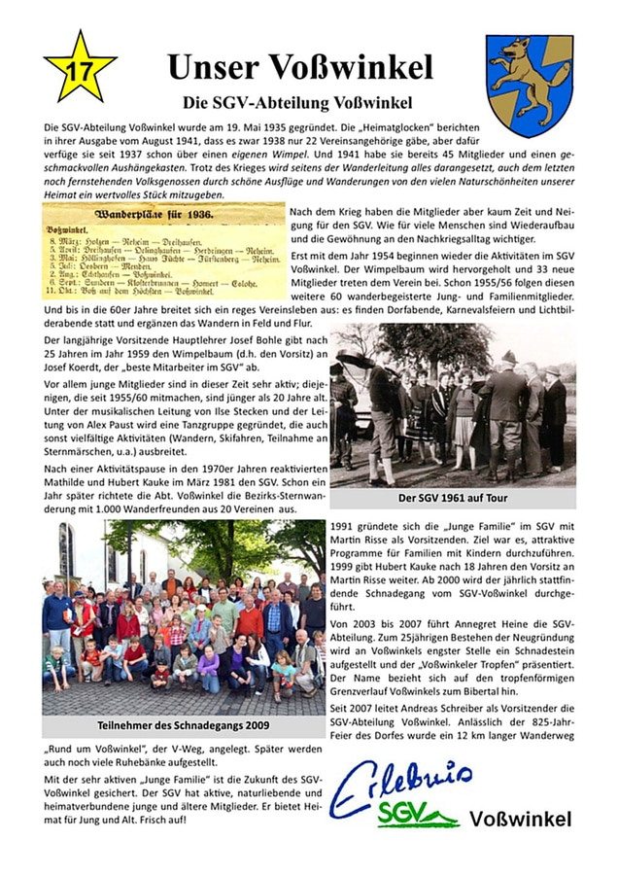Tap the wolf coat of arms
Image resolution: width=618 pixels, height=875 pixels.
point(529,85)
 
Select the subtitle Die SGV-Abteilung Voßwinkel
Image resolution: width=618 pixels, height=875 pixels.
point(299,102)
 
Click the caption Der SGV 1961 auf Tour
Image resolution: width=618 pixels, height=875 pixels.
point(452,498)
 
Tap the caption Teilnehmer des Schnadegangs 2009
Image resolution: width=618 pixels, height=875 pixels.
point(184,726)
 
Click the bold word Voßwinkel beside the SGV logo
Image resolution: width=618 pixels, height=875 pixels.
point(520,820)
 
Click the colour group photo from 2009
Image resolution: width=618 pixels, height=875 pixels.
point(184,616)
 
